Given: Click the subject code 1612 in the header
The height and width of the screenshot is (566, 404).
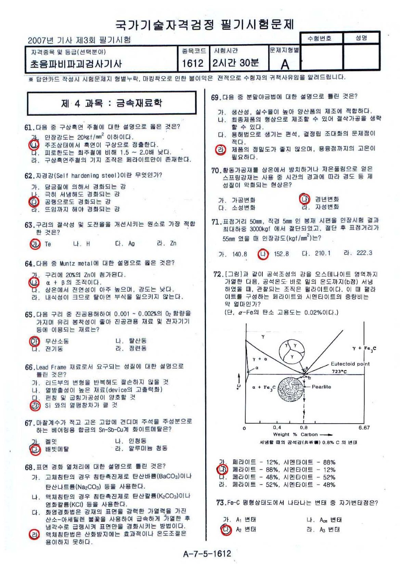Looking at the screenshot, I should tap(193, 63).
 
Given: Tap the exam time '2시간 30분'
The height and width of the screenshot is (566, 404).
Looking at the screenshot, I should tap(236, 63).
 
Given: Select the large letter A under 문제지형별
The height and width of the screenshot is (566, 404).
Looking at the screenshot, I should tap(284, 64).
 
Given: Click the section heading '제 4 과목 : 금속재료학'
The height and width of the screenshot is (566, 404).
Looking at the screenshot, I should tap(112, 103).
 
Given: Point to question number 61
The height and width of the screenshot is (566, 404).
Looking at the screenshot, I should tap(29, 127).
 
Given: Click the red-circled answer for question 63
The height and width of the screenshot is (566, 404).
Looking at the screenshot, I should tap(35, 244).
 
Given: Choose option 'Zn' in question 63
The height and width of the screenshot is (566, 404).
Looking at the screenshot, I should tap(173, 244).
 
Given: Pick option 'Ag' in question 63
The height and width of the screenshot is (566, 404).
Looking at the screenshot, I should tap(131, 244).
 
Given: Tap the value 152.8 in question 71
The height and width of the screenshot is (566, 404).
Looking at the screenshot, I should tap(281, 254).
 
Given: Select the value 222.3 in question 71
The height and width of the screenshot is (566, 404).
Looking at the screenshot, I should tap(364, 253).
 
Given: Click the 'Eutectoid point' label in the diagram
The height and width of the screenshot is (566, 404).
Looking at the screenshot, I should tap(350, 364).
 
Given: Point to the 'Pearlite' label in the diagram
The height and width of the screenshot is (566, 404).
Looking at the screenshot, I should tap(321, 387).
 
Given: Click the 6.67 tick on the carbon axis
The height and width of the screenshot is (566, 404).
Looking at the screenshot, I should tap(364, 427).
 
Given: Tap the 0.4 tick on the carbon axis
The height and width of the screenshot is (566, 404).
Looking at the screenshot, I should tap(277, 427).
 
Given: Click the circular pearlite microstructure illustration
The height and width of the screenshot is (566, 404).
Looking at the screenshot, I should tap(291, 389).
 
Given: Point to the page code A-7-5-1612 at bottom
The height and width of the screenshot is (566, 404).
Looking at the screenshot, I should tap(207, 553).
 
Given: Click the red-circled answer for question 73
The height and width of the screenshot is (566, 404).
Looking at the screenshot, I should tap(226, 529).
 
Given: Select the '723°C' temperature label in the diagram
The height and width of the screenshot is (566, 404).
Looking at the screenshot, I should tap(339, 371).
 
